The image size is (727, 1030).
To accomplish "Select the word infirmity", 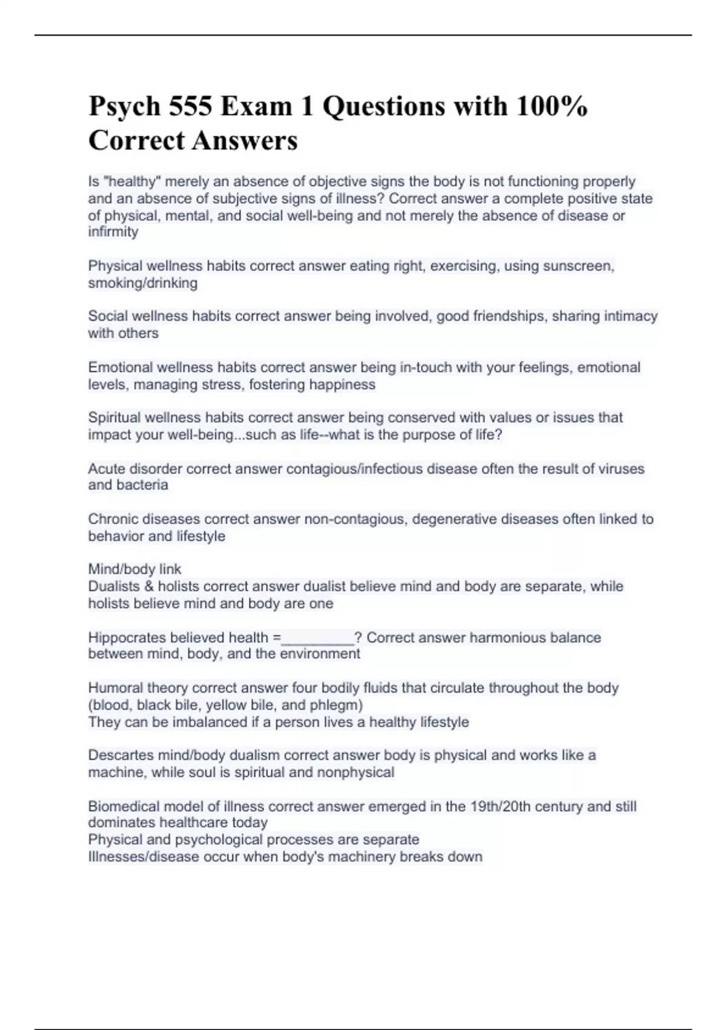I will [113, 232].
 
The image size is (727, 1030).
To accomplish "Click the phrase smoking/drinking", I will [143, 283].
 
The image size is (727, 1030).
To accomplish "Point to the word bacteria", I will [144, 485].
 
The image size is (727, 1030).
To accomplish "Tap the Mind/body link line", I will [134, 570].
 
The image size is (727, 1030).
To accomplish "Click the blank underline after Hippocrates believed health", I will [317, 638].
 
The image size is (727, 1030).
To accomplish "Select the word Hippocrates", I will [127, 638].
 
